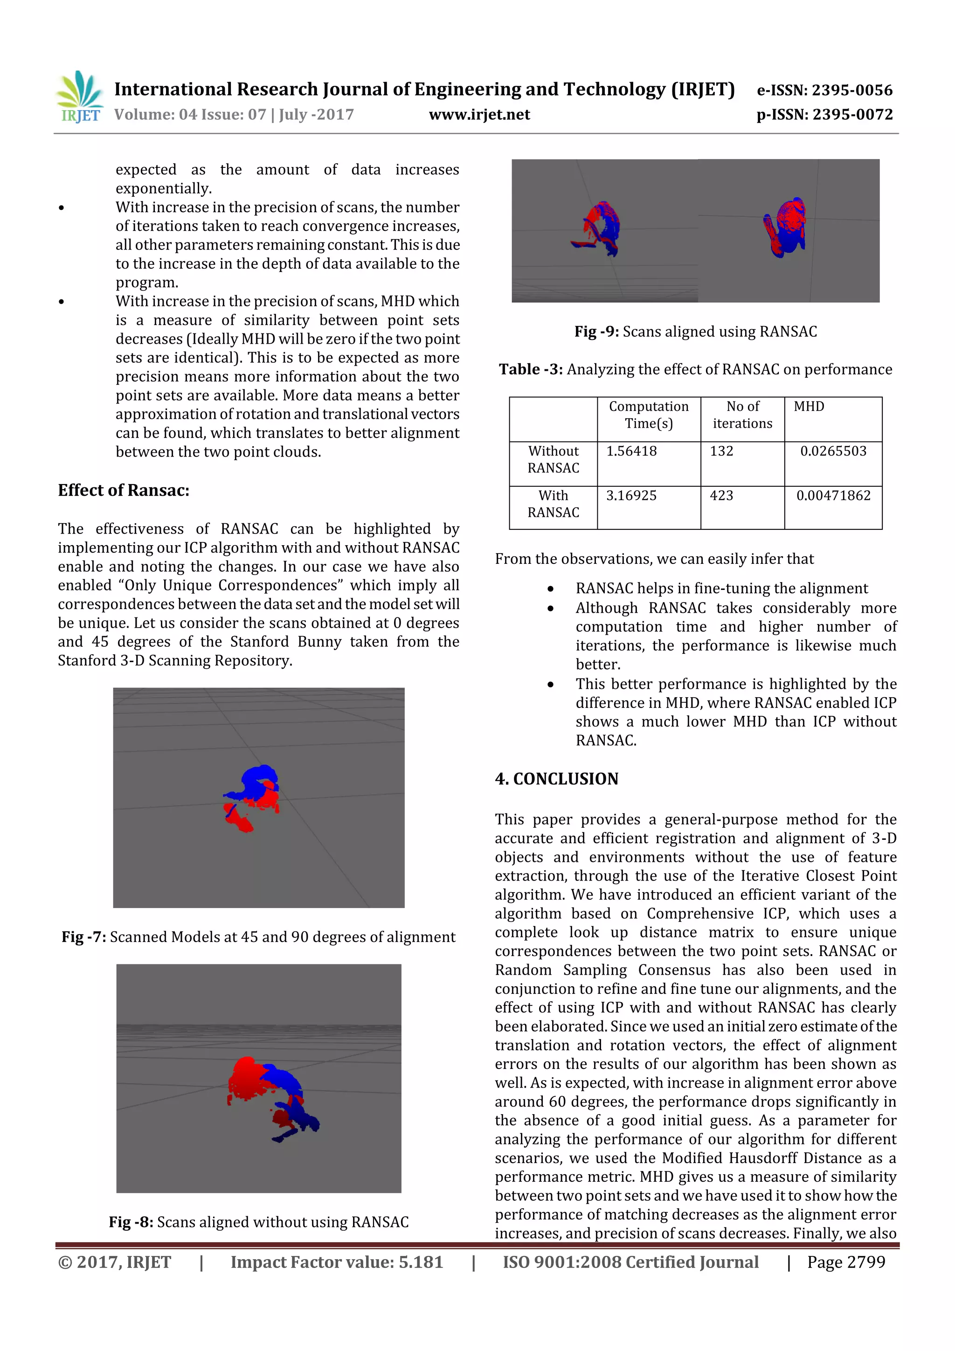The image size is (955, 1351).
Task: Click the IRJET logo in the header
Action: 79,97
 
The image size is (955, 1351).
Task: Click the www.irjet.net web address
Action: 479,115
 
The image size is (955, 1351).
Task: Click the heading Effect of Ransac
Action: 124,490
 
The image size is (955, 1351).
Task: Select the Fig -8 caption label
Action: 131,1222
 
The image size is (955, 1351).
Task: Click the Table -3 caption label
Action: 531,369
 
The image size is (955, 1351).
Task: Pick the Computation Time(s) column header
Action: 649,415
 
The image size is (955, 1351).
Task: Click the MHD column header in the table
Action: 809,407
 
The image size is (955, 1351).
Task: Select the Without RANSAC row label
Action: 553,459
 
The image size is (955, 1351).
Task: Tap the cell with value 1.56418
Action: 631,451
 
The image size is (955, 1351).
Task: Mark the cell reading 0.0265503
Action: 833,451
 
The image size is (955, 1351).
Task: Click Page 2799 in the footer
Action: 845,1262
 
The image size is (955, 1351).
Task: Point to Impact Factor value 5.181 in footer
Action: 337,1262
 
